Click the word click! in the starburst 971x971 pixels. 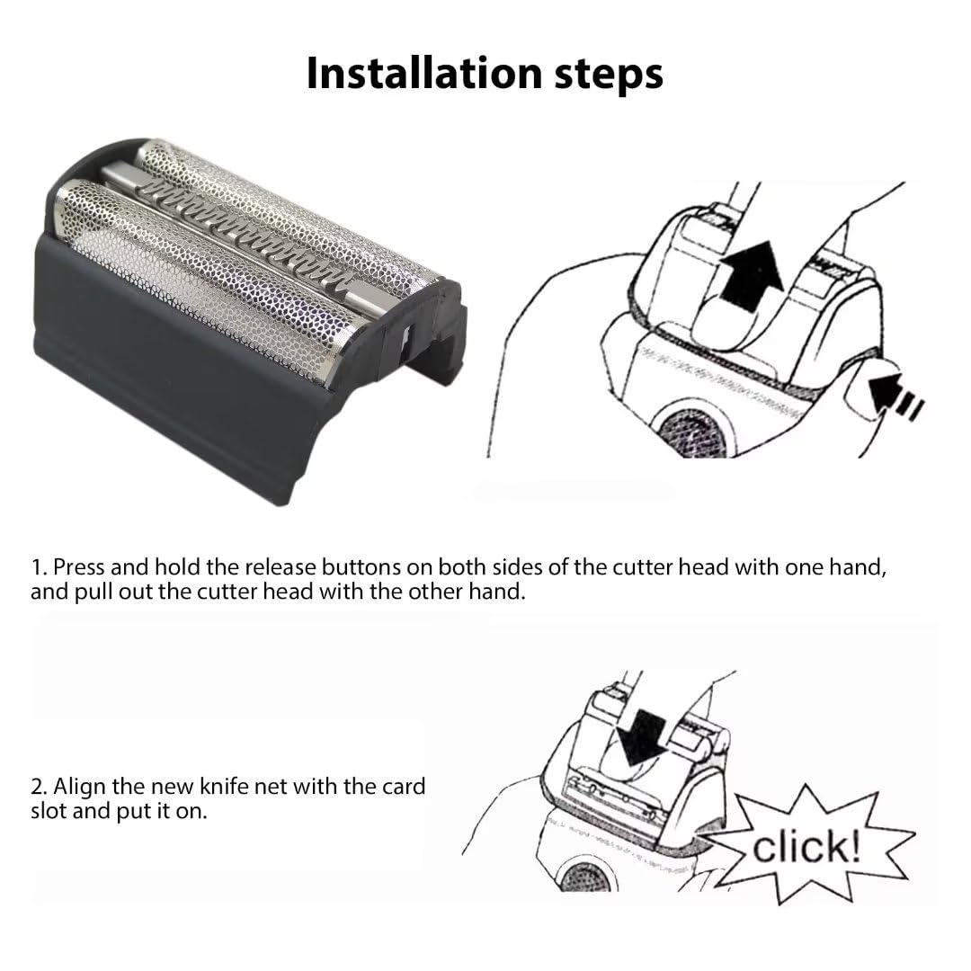(x=806, y=846)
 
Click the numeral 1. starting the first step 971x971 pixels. (x=39, y=567)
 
